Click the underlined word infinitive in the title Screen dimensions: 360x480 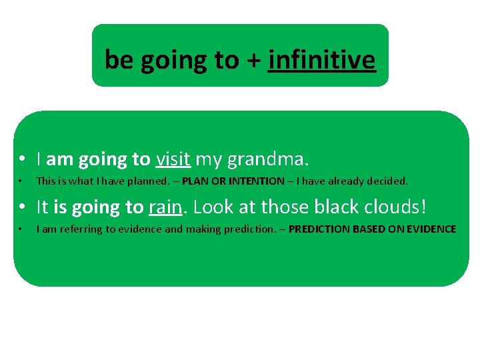pos(322,61)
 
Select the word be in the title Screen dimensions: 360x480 pos(119,61)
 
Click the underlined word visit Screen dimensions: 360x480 pos(173,159)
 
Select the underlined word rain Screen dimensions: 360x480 pos(165,207)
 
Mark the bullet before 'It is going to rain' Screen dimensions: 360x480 pos(23,208)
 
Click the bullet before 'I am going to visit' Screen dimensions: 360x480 pos(23,160)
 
